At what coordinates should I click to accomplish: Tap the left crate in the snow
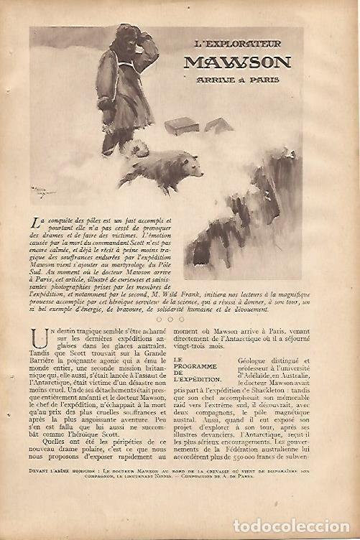point(181,126)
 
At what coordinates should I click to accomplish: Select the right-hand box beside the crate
point(218,125)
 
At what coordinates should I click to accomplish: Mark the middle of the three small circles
point(170,319)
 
